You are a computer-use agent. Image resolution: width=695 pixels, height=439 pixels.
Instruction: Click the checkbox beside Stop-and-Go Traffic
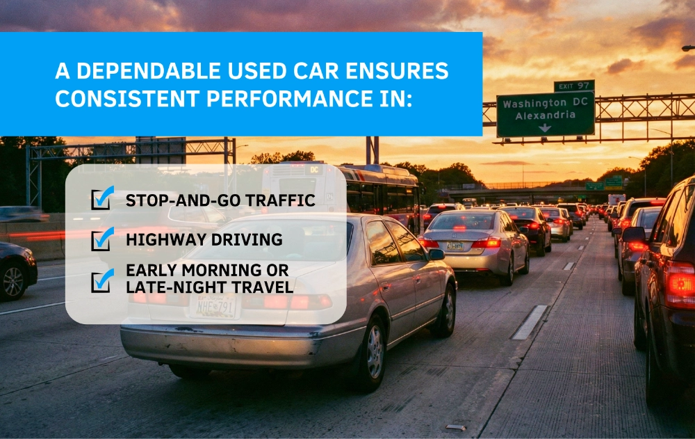point(102,200)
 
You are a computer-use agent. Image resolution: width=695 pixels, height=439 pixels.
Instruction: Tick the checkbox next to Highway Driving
point(102,239)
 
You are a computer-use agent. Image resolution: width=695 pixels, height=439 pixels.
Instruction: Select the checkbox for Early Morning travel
point(102,280)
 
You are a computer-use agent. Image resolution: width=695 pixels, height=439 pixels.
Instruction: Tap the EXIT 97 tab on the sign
point(573,86)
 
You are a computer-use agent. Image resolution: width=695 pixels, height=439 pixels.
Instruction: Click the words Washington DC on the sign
point(544,104)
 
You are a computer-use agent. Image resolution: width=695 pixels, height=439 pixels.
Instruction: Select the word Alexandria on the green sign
point(545,115)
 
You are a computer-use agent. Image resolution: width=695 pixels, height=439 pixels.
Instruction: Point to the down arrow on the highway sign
point(546,127)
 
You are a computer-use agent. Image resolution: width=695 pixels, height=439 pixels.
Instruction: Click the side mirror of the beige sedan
point(436,255)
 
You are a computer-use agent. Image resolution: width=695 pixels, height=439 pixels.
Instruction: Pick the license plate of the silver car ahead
point(455,245)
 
